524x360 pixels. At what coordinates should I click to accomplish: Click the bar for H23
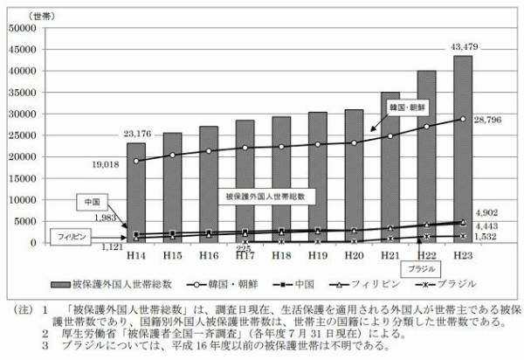coord(463,149)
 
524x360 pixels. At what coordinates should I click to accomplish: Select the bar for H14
coord(136,192)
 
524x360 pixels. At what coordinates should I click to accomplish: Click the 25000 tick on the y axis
coord(22,135)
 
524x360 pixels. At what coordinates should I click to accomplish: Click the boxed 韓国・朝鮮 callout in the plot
coord(409,106)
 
